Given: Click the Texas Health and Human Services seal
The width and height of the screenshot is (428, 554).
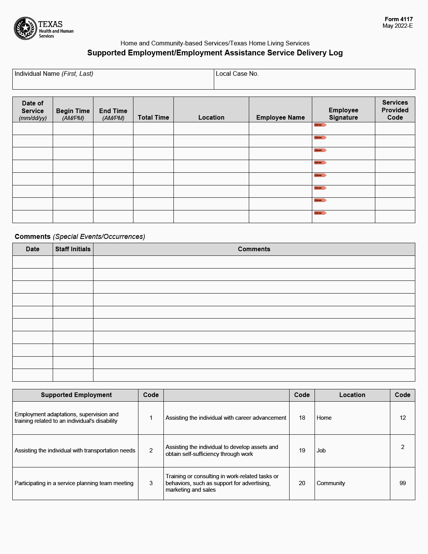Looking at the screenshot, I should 25,28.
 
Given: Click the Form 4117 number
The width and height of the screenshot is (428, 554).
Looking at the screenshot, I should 398,19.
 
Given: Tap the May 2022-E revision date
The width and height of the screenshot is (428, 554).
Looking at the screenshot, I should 397,26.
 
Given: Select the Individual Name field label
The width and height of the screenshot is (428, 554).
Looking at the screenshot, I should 54,74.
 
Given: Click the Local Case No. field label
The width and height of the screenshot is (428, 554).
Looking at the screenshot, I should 237,74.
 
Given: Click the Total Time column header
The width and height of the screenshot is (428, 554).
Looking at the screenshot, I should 153,117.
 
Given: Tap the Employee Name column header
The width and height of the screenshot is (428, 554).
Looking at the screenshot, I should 280,117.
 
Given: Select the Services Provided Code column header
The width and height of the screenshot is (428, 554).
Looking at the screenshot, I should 395,110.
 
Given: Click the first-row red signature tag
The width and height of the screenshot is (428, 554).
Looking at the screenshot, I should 320,125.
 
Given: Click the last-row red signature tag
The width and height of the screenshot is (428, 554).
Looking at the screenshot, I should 320,213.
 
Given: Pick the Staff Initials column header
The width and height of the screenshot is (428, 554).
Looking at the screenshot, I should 73,249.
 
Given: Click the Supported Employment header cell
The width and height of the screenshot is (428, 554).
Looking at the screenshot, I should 76,395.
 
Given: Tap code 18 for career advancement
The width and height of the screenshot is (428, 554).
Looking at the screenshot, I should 302,418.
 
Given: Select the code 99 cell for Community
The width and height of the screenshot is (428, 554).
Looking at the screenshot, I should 403,483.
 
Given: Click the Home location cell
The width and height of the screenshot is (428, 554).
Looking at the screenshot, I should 324,418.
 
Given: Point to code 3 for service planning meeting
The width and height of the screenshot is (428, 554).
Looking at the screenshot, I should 151,483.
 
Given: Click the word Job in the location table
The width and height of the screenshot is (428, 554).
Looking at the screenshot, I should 321,451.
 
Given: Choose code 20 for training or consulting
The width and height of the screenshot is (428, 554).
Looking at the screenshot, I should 302,483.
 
